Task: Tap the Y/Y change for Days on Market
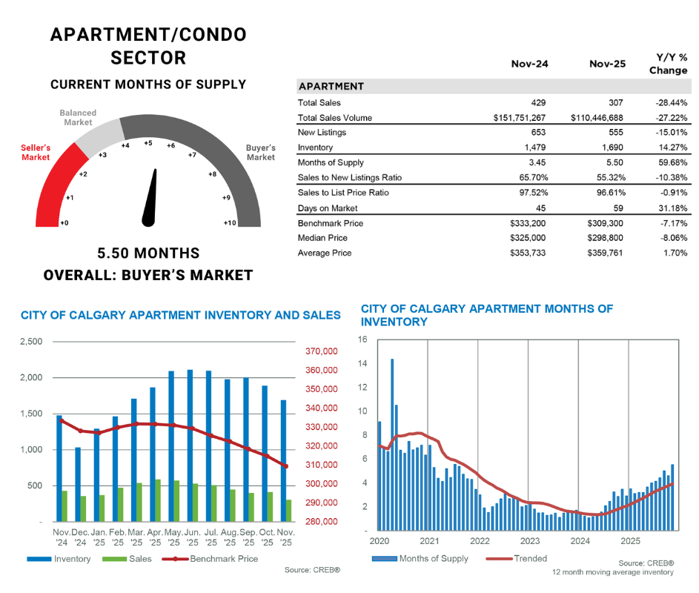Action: pyautogui.click(x=672, y=208)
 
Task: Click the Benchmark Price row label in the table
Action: pyautogui.click(x=330, y=223)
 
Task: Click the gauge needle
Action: pyautogui.click(x=152, y=196)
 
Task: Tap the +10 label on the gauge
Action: pyautogui.click(x=230, y=222)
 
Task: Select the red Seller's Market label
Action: pyautogui.click(x=36, y=153)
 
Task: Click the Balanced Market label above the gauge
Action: pyautogui.click(x=78, y=118)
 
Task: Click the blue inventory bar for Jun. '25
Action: pyautogui.click(x=190, y=445)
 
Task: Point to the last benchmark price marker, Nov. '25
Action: pyautogui.click(x=286, y=466)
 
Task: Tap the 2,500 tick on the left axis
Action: pyautogui.click(x=30, y=342)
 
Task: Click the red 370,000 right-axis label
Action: pyautogui.click(x=321, y=351)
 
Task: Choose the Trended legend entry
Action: pyautogui.click(x=530, y=558)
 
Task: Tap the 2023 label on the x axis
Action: pyautogui.click(x=530, y=540)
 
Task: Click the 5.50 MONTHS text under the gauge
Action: pyautogui.click(x=148, y=254)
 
